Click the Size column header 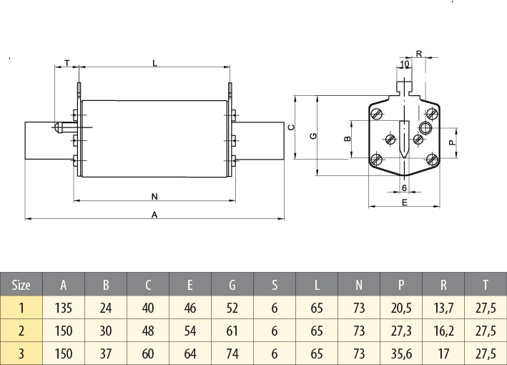(21, 285)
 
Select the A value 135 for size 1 (64, 308)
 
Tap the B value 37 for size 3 (106, 353)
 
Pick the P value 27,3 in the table (401, 331)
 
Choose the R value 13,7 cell (443, 308)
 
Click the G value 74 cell (232, 353)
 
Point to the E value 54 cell (190, 331)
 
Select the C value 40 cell (148, 308)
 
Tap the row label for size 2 (21, 331)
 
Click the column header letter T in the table (486, 285)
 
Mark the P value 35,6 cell (401, 353)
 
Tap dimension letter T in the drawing (67, 63)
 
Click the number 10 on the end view (405, 64)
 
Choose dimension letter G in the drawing (313, 136)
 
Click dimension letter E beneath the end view (404, 204)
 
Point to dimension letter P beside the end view (451, 142)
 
